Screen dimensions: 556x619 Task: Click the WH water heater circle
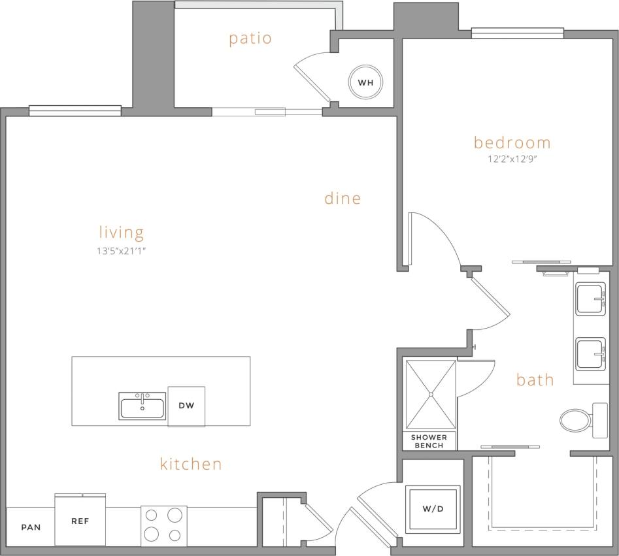click(365, 82)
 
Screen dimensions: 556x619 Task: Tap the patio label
click(250, 39)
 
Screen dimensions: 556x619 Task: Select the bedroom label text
click(512, 142)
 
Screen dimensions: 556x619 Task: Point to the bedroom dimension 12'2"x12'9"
click(512, 159)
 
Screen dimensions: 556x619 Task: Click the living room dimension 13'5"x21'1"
click(122, 250)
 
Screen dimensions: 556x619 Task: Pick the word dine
click(343, 199)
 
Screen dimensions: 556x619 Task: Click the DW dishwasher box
click(186, 406)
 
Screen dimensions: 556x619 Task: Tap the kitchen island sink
click(142, 406)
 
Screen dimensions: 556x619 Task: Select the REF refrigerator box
click(80, 521)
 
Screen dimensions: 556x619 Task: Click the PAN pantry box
click(31, 527)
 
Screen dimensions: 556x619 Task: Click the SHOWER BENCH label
click(429, 441)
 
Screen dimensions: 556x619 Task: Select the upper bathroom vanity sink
click(592, 299)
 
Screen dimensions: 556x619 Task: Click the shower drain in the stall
click(431, 394)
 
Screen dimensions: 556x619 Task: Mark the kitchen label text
click(191, 464)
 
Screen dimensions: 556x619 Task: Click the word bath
click(535, 380)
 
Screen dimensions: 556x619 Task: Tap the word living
click(122, 232)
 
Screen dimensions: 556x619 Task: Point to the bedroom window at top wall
click(517, 33)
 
